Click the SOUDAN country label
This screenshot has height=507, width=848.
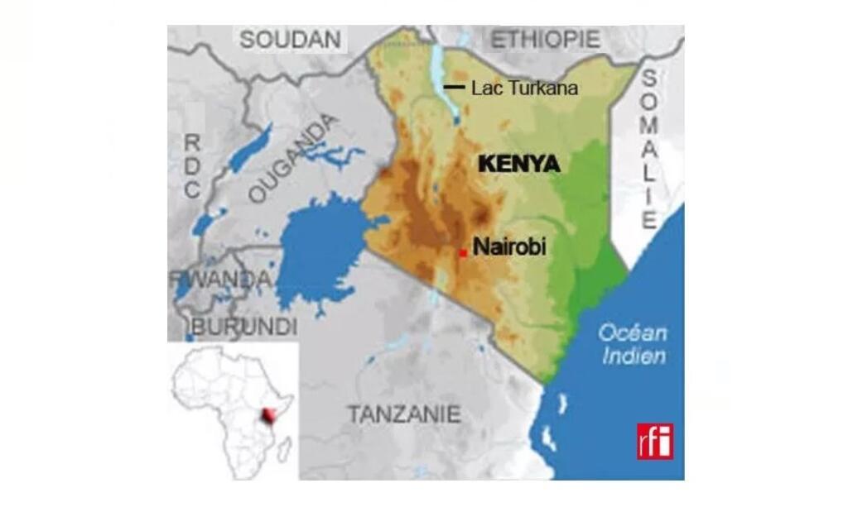point(290,39)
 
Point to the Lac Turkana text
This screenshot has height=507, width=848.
point(523,88)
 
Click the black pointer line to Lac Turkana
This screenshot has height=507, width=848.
point(454,87)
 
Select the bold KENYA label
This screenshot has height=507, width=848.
point(519,165)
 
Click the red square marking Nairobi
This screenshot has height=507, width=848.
point(463,252)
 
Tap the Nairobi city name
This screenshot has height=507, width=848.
point(509,246)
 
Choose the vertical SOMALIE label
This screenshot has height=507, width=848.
point(650,149)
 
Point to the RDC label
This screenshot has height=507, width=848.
point(192,165)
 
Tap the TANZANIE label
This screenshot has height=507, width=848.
point(403,413)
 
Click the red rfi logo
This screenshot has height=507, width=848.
point(655,441)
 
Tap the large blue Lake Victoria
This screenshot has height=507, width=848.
point(319,248)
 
